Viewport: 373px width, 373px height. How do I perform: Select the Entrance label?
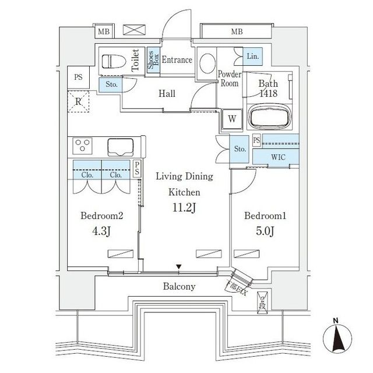point(177,60)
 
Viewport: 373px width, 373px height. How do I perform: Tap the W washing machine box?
point(232,119)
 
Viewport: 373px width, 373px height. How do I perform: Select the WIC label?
point(277,157)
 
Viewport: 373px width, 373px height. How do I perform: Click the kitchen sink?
point(121,146)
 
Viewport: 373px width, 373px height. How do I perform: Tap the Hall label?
point(167,93)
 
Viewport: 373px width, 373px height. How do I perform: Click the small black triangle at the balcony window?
point(179,267)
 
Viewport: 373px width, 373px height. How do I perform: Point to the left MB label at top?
point(103,31)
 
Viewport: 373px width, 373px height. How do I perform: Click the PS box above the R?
point(78,76)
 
